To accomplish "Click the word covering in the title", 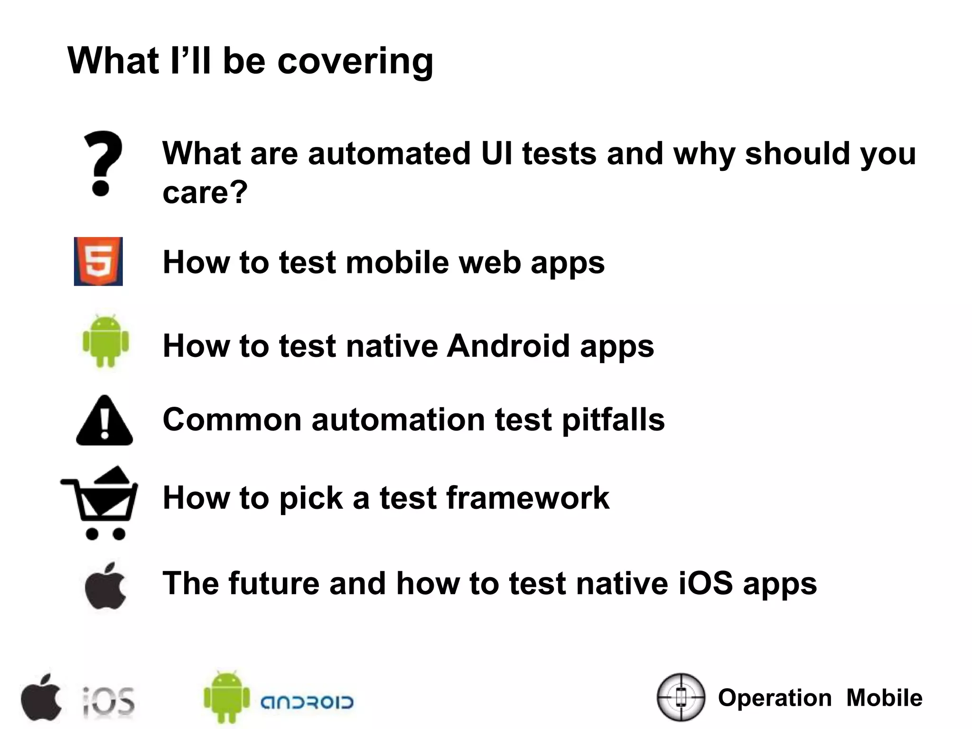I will [355, 62].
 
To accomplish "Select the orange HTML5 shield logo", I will [98, 262].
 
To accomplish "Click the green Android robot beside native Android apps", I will [105, 341].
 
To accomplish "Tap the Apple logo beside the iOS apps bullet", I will [105, 587].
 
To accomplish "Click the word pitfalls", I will [613, 421].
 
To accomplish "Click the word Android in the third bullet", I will [508, 346].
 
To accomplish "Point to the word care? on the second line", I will [205, 193].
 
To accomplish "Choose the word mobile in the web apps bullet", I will [397, 262].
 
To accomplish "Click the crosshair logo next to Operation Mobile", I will [681, 697].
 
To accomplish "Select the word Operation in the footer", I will [775, 698].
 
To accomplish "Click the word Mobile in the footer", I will [884, 698].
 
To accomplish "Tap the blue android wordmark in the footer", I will [307, 702].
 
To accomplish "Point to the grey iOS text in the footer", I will [109, 701].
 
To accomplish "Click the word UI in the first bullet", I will [496, 154].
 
